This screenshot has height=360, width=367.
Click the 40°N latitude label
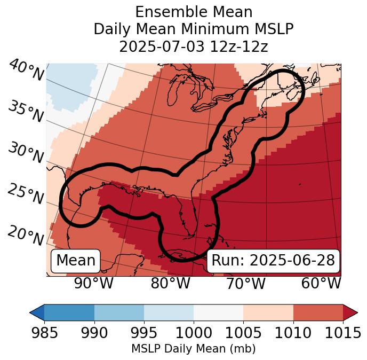point(26,71)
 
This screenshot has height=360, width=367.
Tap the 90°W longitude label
point(94,284)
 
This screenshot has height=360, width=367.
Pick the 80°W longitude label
point(170,284)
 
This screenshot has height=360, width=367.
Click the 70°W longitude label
point(245,284)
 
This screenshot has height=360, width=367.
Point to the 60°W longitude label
point(321,284)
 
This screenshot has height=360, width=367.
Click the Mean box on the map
point(76,261)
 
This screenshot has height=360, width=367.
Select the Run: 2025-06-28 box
point(273,261)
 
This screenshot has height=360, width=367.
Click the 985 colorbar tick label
point(44,333)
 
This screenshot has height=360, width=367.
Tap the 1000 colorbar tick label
point(194,333)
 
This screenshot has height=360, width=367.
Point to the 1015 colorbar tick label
point(343,333)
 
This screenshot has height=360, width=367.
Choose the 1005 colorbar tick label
point(243,333)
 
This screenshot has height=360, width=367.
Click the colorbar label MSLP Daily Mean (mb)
point(193,349)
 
